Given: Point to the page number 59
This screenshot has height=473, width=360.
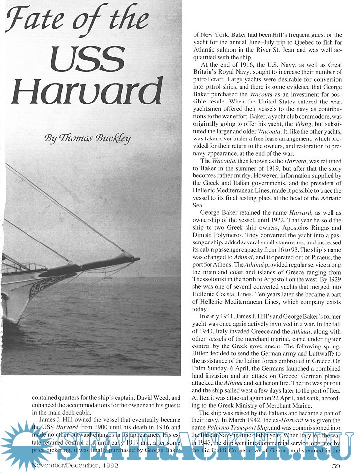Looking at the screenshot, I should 336,467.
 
